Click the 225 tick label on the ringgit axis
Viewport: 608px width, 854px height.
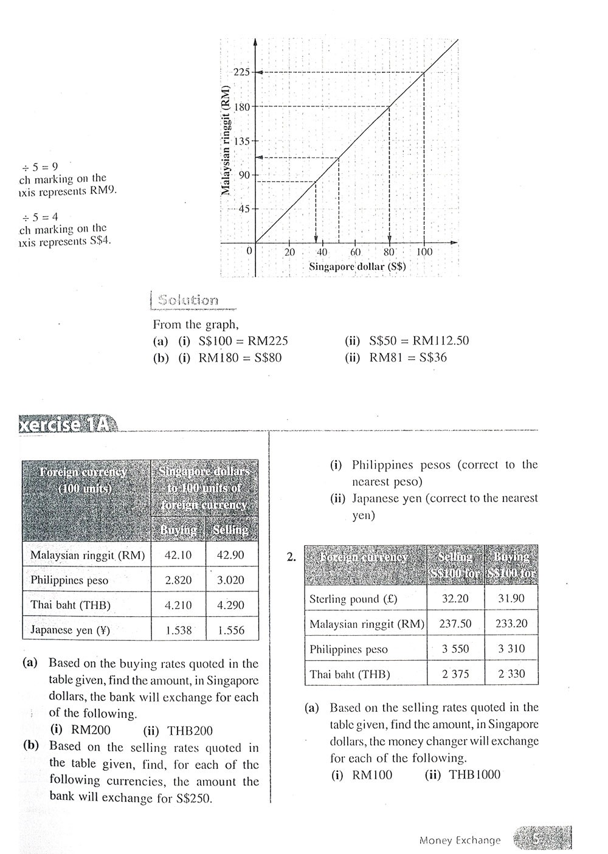click(241, 72)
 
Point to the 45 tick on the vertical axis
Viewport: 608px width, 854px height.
click(243, 209)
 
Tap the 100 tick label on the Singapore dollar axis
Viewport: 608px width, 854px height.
click(424, 252)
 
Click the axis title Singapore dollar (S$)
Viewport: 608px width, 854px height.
click(358, 266)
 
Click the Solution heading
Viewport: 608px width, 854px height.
click(187, 300)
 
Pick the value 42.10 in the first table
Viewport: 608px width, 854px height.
click(178, 555)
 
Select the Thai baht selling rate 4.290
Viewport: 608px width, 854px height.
click(231, 605)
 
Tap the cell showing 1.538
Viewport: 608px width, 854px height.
click(178, 630)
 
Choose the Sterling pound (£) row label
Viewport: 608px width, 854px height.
click(353, 599)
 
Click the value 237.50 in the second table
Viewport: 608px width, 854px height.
click(455, 624)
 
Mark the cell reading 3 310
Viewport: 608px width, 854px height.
click(511, 649)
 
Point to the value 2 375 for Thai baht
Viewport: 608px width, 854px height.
click(455, 674)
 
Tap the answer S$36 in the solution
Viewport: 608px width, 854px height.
click(433, 358)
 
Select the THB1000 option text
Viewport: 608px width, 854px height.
click(474, 775)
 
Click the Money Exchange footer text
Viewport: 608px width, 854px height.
click(460, 841)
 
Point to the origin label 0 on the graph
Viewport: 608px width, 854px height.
click(249, 250)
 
